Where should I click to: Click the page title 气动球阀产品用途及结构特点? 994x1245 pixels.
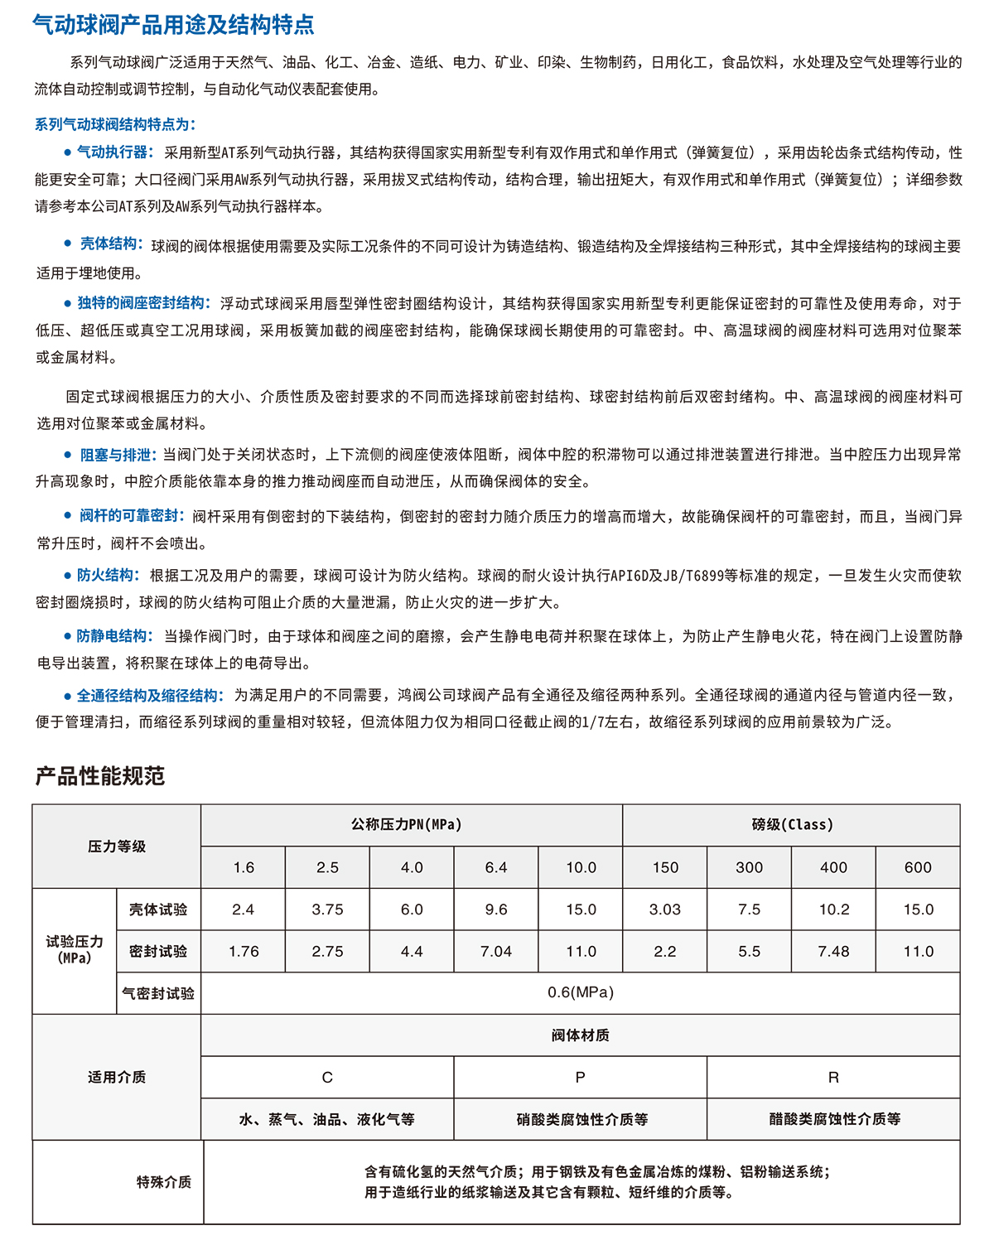click(x=174, y=25)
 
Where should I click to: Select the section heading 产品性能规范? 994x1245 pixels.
click(x=100, y=776)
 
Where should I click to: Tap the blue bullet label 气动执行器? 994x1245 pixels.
click(x=114, y=152)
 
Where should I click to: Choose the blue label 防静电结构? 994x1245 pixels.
click(x=114, y=636)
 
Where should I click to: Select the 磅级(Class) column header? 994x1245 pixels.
click(x=792, y=825)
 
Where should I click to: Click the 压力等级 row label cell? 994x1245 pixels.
click(x=117, y=847)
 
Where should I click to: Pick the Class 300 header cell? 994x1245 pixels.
click(x=749, y=867)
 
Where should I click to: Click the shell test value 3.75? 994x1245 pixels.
click(x=327, y=910)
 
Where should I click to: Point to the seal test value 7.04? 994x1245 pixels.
click(x=496, y=952)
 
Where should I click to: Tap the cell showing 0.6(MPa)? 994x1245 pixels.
click(x=580, y=992)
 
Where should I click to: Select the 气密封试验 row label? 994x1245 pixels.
click(x=158, y=993)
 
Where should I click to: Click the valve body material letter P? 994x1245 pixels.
click(x=580, y=1078)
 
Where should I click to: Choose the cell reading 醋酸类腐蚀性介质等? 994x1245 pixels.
click(x=834, y=1119)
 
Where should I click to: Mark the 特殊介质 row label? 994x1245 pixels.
click(x=164, y=1182)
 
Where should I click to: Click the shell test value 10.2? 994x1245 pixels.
click(x=834, y=910)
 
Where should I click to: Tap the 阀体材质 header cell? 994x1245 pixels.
click(x=580, y=1035)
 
